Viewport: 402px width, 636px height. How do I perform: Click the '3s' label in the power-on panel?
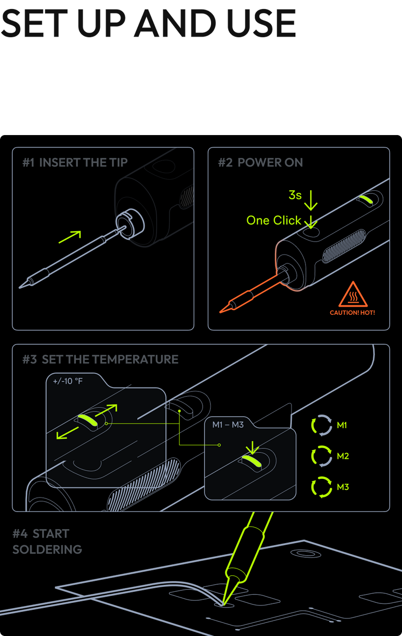tap(295, 195)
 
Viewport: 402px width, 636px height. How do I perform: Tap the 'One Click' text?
tap(273, 220)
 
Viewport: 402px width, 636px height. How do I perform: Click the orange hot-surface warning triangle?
tap(353, 295)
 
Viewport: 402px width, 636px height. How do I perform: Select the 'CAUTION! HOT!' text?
tap(352, 313)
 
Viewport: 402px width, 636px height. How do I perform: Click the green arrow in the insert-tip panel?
tap(70, 237)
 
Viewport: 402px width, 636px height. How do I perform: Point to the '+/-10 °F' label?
tap(68, 381)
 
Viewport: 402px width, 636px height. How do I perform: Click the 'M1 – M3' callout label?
tap(228, 425)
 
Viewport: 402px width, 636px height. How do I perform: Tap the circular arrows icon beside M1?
tap(322, 425)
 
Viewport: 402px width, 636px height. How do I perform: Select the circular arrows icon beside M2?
tap(322, 456)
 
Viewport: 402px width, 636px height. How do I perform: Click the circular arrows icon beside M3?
tap(322, 487)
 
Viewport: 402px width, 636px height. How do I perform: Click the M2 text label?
tap(343, 456)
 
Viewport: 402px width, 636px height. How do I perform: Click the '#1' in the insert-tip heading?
tap(29, 163)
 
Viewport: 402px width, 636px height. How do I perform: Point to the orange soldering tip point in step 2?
tap(221, 312)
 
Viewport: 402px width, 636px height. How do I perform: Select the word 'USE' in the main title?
tap(262, 23)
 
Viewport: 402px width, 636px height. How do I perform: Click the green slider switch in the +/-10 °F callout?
tap(88, 420)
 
